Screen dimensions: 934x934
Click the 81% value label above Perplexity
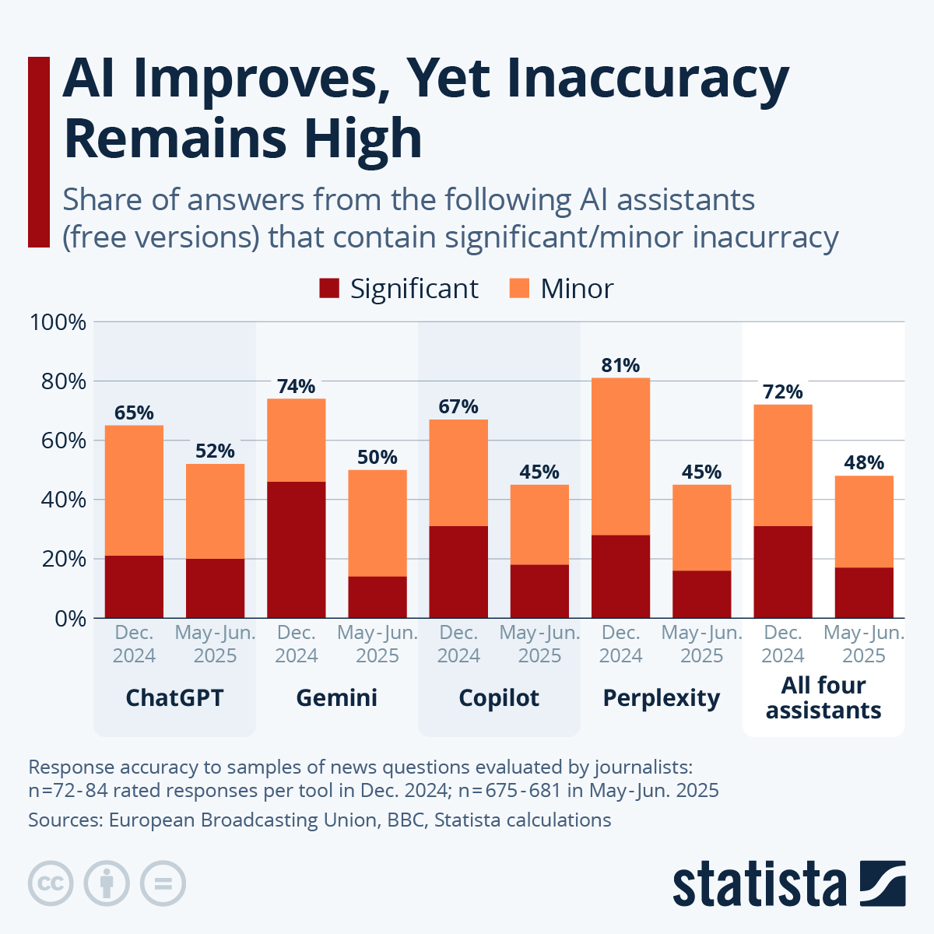(620, 365)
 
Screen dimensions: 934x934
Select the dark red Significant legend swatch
(329, 289)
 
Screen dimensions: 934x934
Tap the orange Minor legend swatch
(519, 289)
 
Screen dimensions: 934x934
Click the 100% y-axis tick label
(57, 322)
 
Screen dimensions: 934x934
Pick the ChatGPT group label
(174, 697)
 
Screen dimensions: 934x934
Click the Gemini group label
(336, 697)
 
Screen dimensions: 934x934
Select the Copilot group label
(499, 697)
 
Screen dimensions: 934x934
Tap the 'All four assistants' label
(823, 697)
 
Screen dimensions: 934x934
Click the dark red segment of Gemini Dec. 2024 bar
(296, 549)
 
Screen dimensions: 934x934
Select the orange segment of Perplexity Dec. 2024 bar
(620, 455)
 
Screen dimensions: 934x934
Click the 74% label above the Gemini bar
(296, 386)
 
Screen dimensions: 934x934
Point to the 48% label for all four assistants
(864, 463)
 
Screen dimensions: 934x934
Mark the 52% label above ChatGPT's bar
(215, 451)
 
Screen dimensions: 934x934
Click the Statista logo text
(759, 884)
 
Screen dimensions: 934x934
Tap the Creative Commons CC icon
(51, 883)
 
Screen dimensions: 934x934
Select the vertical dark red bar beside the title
(39, 152)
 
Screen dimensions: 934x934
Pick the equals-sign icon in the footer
(163, 883)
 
